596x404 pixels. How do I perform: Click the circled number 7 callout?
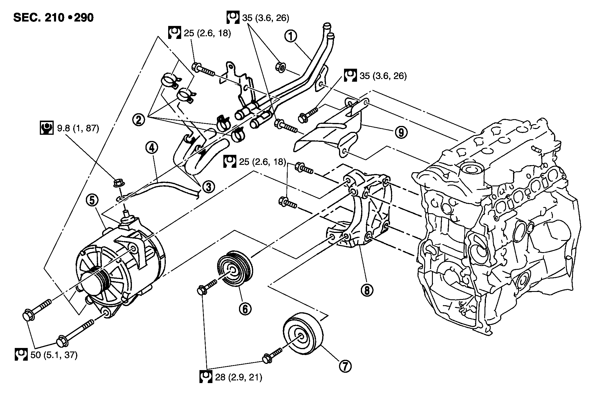coord(346,366)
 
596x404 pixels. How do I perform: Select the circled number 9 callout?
coord(401,133)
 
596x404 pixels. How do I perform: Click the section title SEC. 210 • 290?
coord(53,18)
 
